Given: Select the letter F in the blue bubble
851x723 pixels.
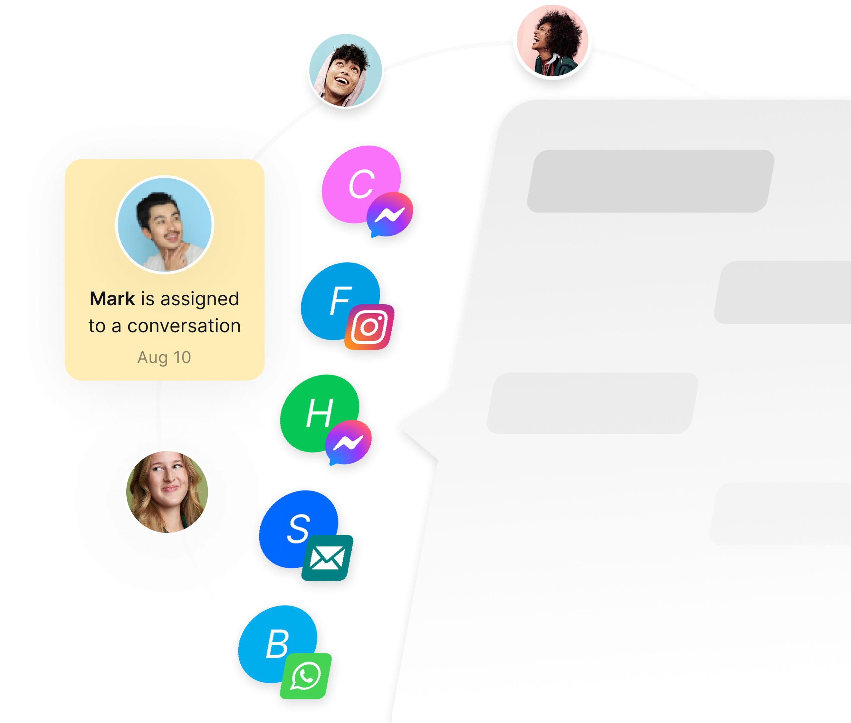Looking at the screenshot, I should (x=340, y=301).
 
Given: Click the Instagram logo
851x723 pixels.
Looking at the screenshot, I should (x=370, y=327).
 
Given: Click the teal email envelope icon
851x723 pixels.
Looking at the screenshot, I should (x=327, y=558).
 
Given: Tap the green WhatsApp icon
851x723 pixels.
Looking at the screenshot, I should (x=305, y=676).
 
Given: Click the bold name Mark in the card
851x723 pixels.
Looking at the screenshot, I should (x=112, y=299).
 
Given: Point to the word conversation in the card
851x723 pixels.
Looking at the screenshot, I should (x=184, y=326).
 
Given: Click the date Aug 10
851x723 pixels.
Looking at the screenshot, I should (x=164, y=358).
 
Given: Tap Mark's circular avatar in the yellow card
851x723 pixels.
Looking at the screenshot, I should (x=165, y=224).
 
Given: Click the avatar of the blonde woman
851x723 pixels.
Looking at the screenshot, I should (x=167, y=492).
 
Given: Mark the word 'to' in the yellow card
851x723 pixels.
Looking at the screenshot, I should (x=97, y=326).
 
